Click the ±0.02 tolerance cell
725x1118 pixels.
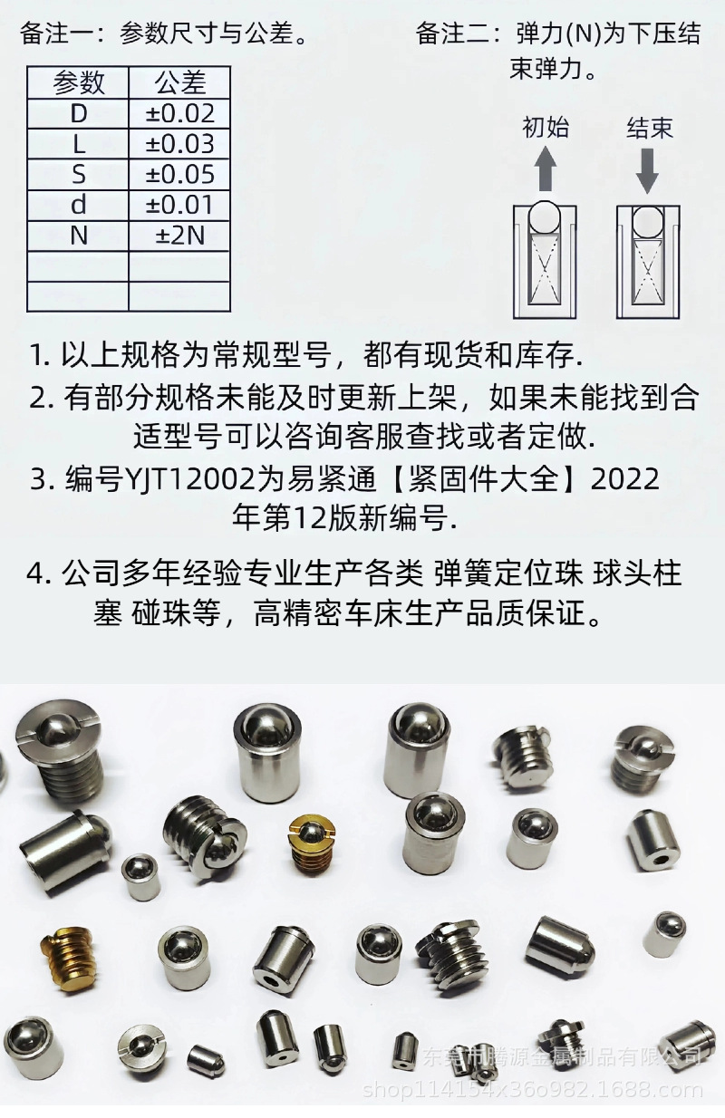tap(179, 113)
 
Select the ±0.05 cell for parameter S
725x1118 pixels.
tap(179, 174)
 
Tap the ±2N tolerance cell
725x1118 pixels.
tap(179, 236)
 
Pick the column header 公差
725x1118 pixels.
tap(179, 83)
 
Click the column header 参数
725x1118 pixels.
tap(78, 83)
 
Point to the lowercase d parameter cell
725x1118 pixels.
tap(78, 205)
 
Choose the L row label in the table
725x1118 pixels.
tap(78, 144)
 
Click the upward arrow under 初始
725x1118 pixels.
tap(545, 169)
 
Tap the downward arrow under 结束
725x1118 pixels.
tap(647, 169)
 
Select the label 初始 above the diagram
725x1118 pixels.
tap(546, 128)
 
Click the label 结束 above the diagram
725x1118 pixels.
tap(649, 128)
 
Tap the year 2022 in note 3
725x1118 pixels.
tap(625, 479)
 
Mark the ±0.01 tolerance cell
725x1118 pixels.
tap(179, 205)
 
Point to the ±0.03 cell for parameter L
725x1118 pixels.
tap(179, 144)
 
